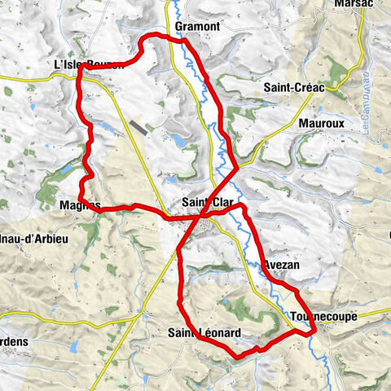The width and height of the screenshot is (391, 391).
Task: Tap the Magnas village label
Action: tap(80, 206)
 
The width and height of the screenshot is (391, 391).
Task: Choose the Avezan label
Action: tap(283, 266)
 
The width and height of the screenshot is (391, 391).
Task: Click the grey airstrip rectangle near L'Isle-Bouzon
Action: tap(140, 127)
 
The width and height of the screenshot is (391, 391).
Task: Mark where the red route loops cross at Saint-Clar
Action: tap(202, 215)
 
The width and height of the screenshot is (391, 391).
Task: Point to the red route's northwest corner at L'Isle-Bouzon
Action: tap(80, 70)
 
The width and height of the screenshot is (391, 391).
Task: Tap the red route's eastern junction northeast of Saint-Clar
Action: tap(237, 169)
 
